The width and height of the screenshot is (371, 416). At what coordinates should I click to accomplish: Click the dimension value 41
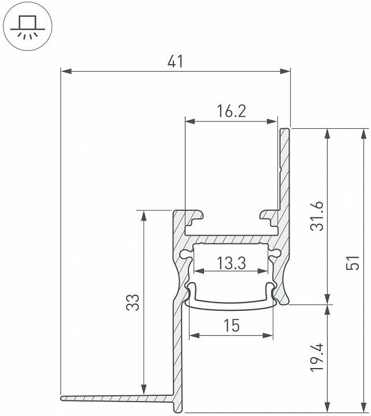(175, 61)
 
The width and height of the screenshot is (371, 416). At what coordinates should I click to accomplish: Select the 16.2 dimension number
(231, 111)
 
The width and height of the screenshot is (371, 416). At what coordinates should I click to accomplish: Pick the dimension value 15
(231, 326)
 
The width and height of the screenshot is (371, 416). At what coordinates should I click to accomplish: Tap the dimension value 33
(133, 303)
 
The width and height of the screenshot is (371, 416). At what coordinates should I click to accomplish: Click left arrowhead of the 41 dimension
(65, 72)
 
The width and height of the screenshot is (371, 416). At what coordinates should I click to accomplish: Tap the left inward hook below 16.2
(195, 217)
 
